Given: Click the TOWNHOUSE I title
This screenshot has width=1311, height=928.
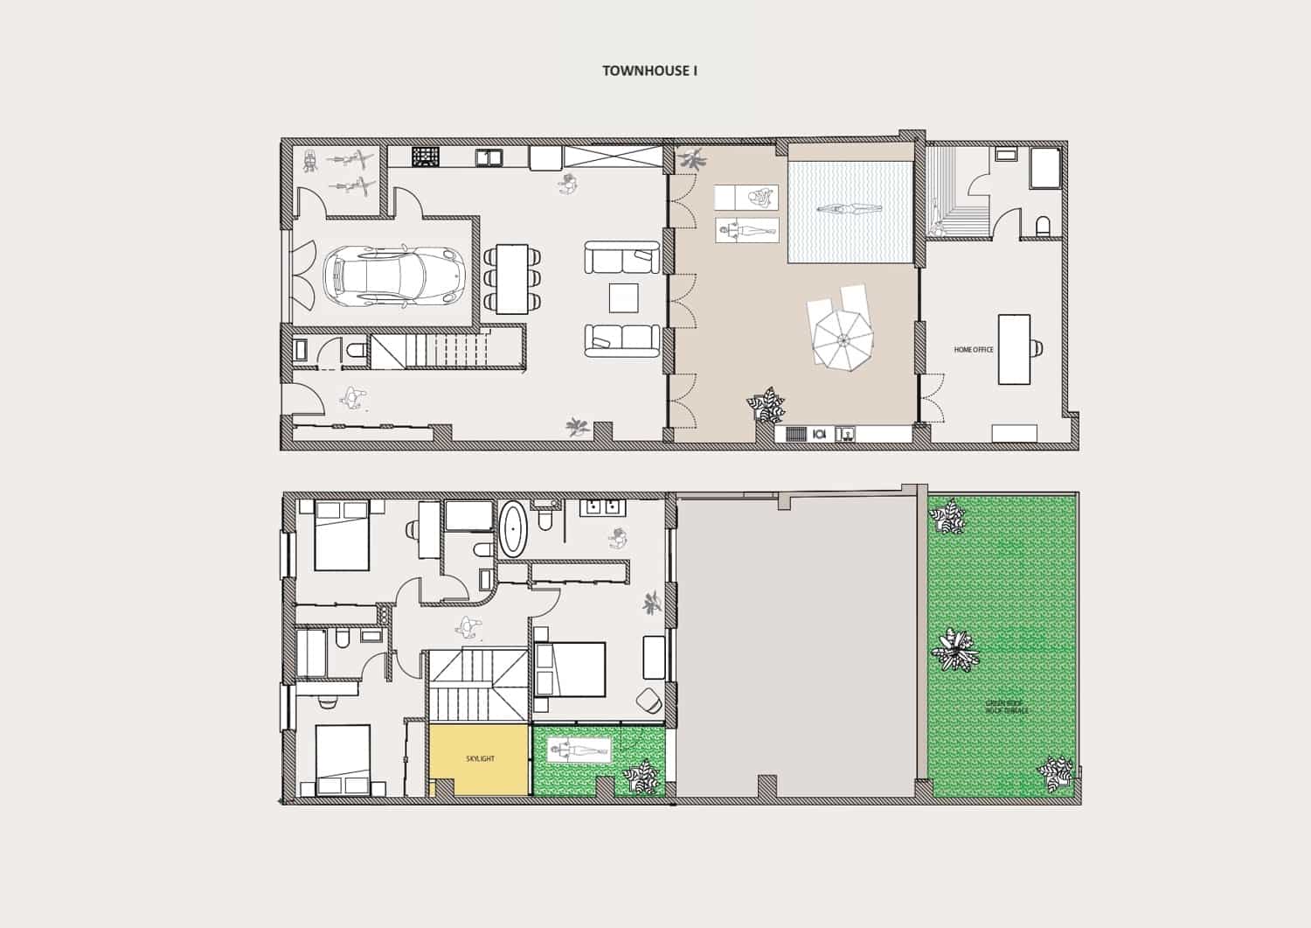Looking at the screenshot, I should [x=649, y=71].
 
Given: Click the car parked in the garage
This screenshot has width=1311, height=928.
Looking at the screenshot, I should [x=392, y=276].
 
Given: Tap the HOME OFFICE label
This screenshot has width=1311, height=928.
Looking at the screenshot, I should [x=973, y=350].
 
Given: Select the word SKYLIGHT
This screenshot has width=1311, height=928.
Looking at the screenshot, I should [x=479, y=758].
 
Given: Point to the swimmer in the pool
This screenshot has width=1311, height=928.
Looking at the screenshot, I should [x=849, y=209].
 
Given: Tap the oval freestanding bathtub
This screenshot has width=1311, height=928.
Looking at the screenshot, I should [x=513, y=528].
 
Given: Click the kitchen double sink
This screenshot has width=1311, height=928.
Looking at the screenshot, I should [x=489, y=157].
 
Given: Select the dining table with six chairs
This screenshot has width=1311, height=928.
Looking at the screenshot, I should [x=512, y=278].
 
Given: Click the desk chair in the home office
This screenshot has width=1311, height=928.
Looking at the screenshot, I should [x=1037, y=348].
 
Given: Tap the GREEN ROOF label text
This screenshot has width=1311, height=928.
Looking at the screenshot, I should [x=1006, y=706].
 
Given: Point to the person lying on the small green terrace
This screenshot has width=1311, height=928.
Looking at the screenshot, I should [x=579, y=750].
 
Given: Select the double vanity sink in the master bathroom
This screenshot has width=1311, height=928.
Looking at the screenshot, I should [x=600, y=506].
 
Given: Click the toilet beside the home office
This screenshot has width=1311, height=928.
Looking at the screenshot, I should [x=1042, y=227].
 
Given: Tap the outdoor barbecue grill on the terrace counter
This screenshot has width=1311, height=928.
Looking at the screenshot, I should [x=794, y=433].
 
